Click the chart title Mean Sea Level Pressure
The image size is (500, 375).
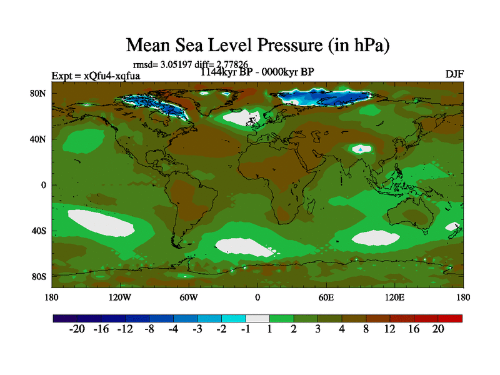click(x=258, y=45)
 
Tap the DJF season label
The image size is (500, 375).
click(x=454, y=74)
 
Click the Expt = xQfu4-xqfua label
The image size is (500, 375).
click(x=96, y=76)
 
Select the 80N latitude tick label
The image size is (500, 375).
click(x=40, y=94)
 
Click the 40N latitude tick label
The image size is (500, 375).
click(x=40, y=139)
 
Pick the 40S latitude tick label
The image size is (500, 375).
click(x=40, y=231)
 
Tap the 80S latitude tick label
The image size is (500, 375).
click(x=40, y=276)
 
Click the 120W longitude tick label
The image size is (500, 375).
click(x=120, y=297)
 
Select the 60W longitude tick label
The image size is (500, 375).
click(x=189, y=297)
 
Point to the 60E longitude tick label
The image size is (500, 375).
click(x=326, y=297)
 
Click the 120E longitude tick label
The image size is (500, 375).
click(x=395, y=297)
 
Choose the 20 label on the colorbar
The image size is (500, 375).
click(x=437, y=329)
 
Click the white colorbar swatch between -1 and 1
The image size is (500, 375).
click(x=257, y=318)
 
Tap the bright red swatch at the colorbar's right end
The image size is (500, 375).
click(x=450, y=318)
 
